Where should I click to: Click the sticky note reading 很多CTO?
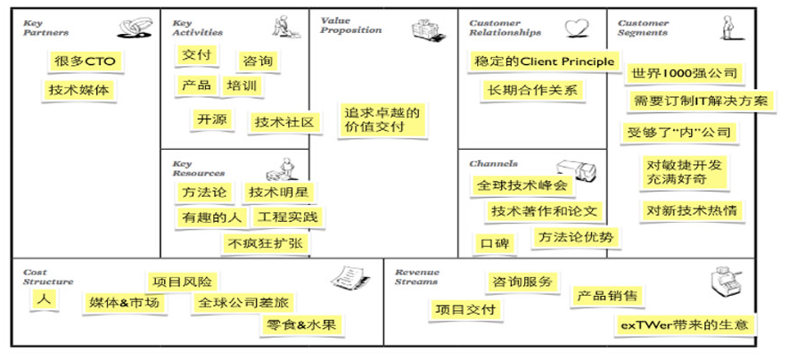click(x=85, y=61)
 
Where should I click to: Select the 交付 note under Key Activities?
click(x=196, y=55)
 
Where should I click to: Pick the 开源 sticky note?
click(x=211, y=119)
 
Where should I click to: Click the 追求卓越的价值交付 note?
click(x=382, y=120)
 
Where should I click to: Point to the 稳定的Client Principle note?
click(x=543, y=61)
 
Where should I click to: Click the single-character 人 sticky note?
click(x=43, y=300)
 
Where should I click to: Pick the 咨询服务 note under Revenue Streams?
click(x=523, y=282)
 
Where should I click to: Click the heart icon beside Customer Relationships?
click(x=576, y=26)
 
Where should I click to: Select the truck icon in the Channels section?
click(x=575, y=170)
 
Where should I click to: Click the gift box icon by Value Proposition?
click(x=429, y=30)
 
